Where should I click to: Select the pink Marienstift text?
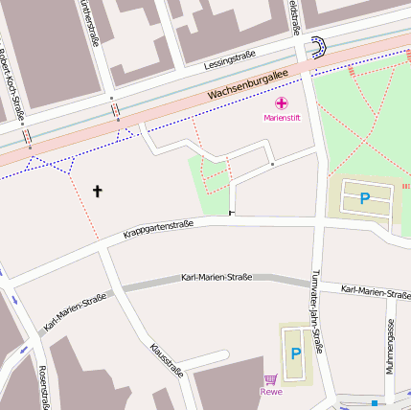282,118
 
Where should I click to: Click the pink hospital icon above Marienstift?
282,102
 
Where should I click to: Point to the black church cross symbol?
97,191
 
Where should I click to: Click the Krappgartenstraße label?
158,229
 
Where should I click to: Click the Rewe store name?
271,391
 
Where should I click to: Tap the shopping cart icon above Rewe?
271,378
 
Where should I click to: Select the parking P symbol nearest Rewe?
295,353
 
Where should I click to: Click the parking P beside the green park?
364,198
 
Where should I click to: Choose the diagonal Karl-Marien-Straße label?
75,312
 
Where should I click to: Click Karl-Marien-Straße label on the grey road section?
217,277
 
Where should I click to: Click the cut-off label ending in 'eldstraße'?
293,17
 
